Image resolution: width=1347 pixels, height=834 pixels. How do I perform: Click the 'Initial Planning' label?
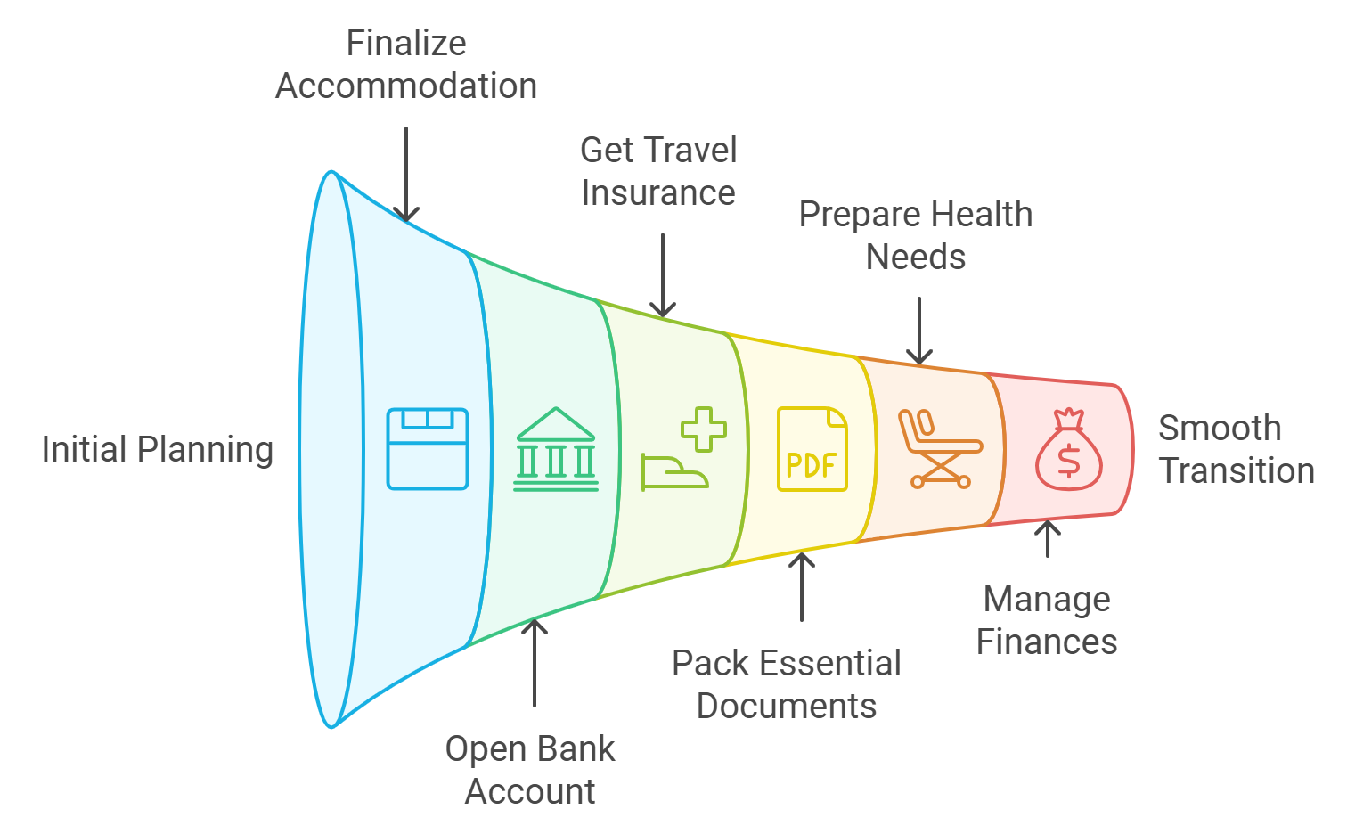click(157, 449)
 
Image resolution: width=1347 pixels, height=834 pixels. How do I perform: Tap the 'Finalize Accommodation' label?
click(406, 65)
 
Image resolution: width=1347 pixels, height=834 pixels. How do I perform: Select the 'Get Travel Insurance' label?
click(658, 172)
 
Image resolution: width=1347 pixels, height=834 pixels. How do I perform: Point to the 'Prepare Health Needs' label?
click(916, 236)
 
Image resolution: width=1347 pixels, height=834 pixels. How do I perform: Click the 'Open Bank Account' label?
click(531, 770)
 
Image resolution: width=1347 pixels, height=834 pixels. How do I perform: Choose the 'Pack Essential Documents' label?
click(787, 684)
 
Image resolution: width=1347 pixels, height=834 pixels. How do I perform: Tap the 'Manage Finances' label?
click(1047, 620)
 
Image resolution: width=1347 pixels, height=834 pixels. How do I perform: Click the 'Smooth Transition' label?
click(1237, 449)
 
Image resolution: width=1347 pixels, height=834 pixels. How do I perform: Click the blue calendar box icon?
click(428, 449)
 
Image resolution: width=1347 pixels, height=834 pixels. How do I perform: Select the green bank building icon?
click(556, 449)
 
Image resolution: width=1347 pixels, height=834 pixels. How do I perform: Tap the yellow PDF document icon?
click(812, 449)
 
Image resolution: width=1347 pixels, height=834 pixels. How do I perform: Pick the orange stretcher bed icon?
click(940, 449)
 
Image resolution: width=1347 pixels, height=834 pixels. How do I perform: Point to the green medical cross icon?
click(703, 429)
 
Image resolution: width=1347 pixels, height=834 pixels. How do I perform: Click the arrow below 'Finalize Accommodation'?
click(406, 175)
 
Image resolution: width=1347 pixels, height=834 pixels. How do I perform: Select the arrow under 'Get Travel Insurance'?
click(663, 274)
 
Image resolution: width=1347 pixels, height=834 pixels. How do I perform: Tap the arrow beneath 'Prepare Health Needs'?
click(919, 331)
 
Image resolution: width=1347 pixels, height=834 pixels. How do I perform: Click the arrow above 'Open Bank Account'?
click(535, 663)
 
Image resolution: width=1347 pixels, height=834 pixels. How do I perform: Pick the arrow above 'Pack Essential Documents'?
click(802, 587)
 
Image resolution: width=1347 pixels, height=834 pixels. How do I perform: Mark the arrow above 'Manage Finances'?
click(1048, 539)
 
